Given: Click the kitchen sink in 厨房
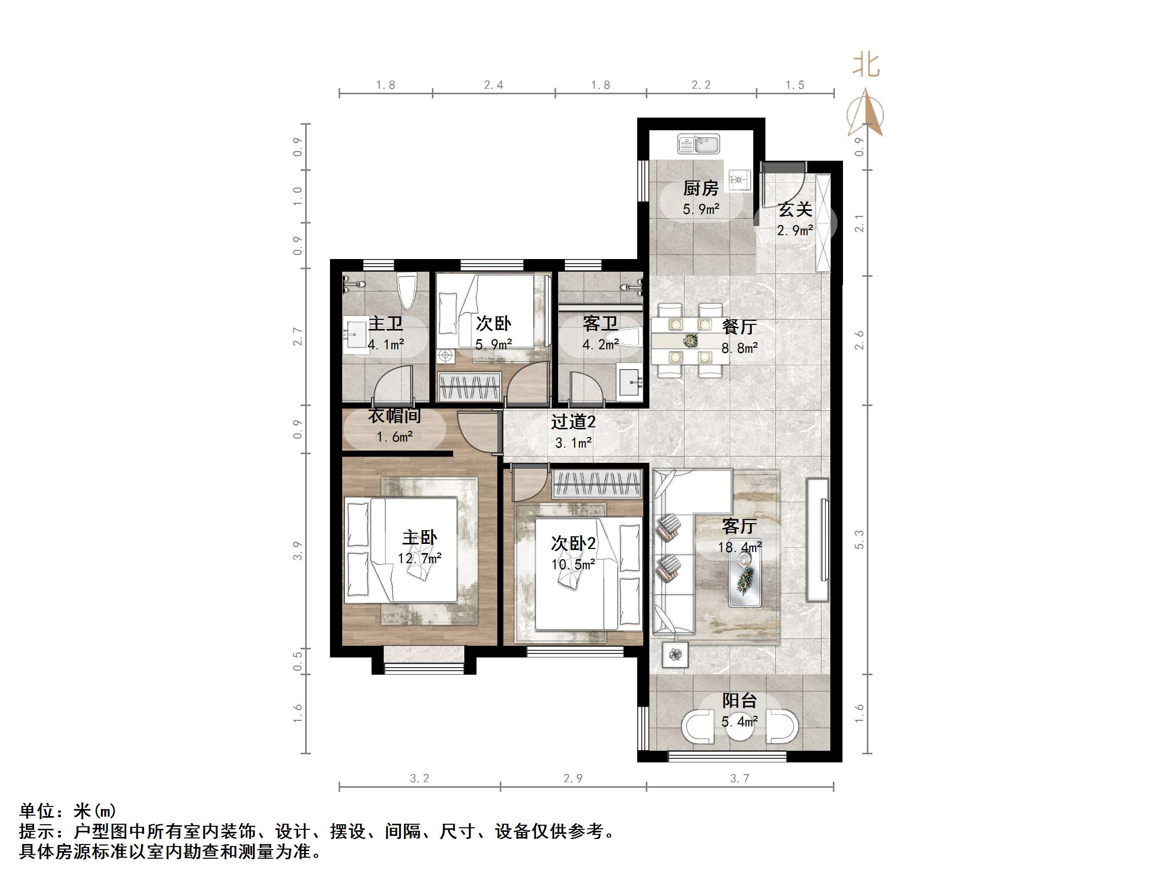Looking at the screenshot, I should pyautogui.click(x=699, y=144).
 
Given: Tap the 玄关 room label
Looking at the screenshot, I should pyautogui.click(x=794, y=209).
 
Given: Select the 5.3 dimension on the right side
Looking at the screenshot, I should pyautogui.click(x=859, y=539).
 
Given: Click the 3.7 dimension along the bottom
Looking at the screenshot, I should pyautogui.click(x=739, y=778).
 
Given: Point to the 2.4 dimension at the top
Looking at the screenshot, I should pyautogui.click(x=493, y=85).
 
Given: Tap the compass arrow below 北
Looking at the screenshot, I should pyautogui.click(x=866, y=113).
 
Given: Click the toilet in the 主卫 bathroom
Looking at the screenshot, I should pyautogui.click(x=407, y=290).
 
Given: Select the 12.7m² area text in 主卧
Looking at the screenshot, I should pyautogui.click(x=419, y=559).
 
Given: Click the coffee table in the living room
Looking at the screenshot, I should pyautogui.click(x=745, y=579).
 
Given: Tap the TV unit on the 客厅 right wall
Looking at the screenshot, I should pyautogui.click(x=818, y=539).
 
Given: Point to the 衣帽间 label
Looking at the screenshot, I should pyautogui.click(x=394, y=416).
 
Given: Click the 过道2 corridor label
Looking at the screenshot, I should pyautogui.click(x=573, y=422).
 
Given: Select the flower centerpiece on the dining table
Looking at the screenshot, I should pyautogui.click(x=690, y=340).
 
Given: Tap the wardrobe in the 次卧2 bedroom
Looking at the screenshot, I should pyautogui.click(x=597, y=484).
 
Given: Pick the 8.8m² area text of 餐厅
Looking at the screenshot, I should pyautogui.click(x=739, y=348).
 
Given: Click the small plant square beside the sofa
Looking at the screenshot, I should pyautogui.click(x=675, y=654).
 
